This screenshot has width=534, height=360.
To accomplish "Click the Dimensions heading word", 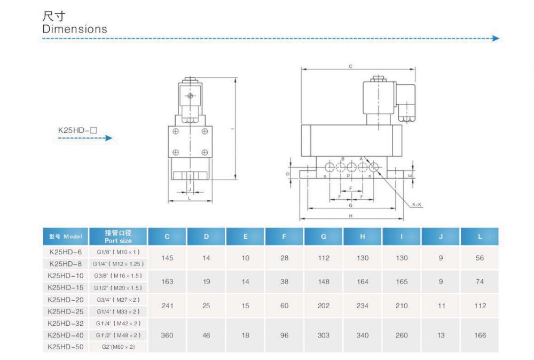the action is (x=75, y=29).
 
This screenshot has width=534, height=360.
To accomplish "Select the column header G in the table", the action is (x=324, y=237).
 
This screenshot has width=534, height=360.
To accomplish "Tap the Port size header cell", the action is (x=118, y=237).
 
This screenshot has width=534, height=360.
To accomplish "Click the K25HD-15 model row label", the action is (x=65, y=287).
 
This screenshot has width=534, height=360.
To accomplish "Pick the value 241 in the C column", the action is (x=167, y=306).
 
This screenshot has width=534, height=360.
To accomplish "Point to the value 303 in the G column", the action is (x=324, y=335).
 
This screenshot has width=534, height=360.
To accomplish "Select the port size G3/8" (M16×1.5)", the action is (x=118, y=276).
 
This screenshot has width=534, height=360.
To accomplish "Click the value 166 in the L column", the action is (x=480, y=335).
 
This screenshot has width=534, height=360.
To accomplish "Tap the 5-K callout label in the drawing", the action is (x=417, y=205).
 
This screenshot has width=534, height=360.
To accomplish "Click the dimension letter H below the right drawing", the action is (x=351, y=216).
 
